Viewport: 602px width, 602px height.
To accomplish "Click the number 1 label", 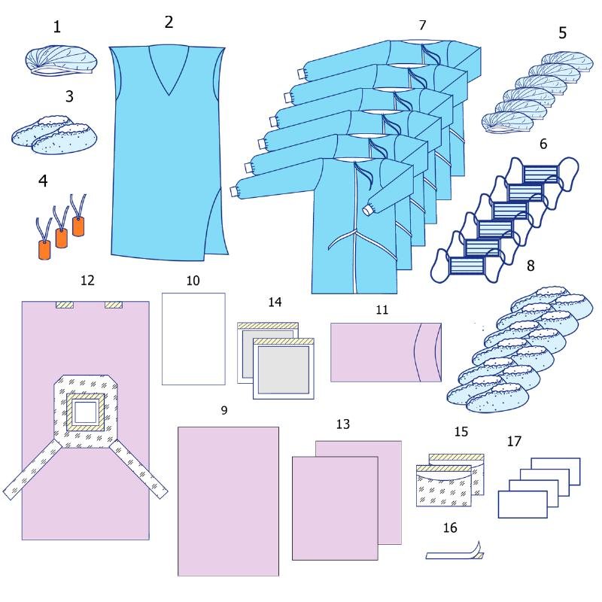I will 57,28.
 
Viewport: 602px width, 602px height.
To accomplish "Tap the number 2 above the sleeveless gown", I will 169,22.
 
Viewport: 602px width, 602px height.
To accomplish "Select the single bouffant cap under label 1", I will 58,60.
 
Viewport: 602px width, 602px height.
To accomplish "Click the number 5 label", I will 562,33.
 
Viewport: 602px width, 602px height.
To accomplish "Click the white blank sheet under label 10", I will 194,339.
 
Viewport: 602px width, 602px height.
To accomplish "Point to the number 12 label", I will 87,281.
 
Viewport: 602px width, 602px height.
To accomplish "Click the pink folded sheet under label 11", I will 385,351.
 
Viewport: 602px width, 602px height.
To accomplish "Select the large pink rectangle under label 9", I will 228,500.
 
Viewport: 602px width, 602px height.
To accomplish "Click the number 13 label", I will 343,424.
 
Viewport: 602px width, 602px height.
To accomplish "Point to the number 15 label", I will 462,431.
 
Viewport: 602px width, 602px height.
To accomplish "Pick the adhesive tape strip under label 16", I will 455,554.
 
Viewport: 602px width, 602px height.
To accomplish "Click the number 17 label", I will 514,442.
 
